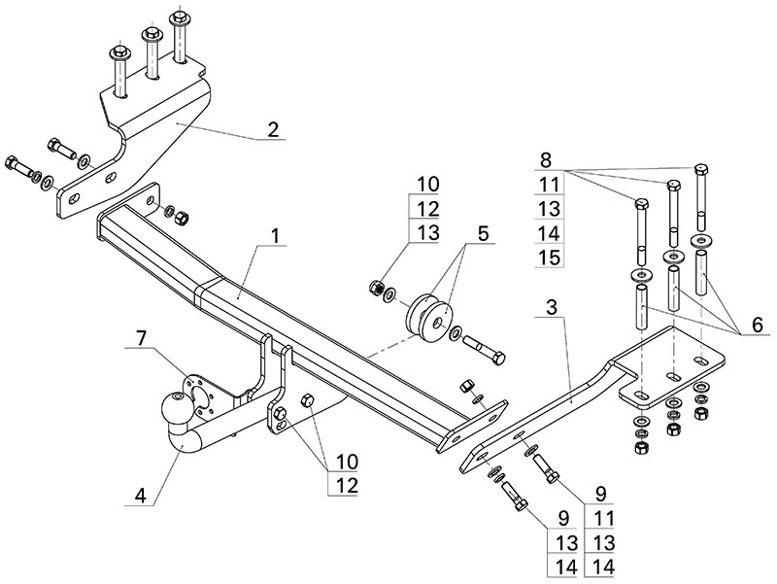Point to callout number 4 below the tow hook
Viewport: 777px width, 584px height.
[141, 494]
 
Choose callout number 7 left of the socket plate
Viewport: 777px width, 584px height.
[142, 339]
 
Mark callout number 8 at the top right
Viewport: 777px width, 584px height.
[546, 159]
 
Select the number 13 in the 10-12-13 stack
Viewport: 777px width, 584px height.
[428, 232]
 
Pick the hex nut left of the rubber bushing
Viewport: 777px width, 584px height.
[374, 287]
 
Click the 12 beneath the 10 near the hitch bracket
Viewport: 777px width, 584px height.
[347, 484]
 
